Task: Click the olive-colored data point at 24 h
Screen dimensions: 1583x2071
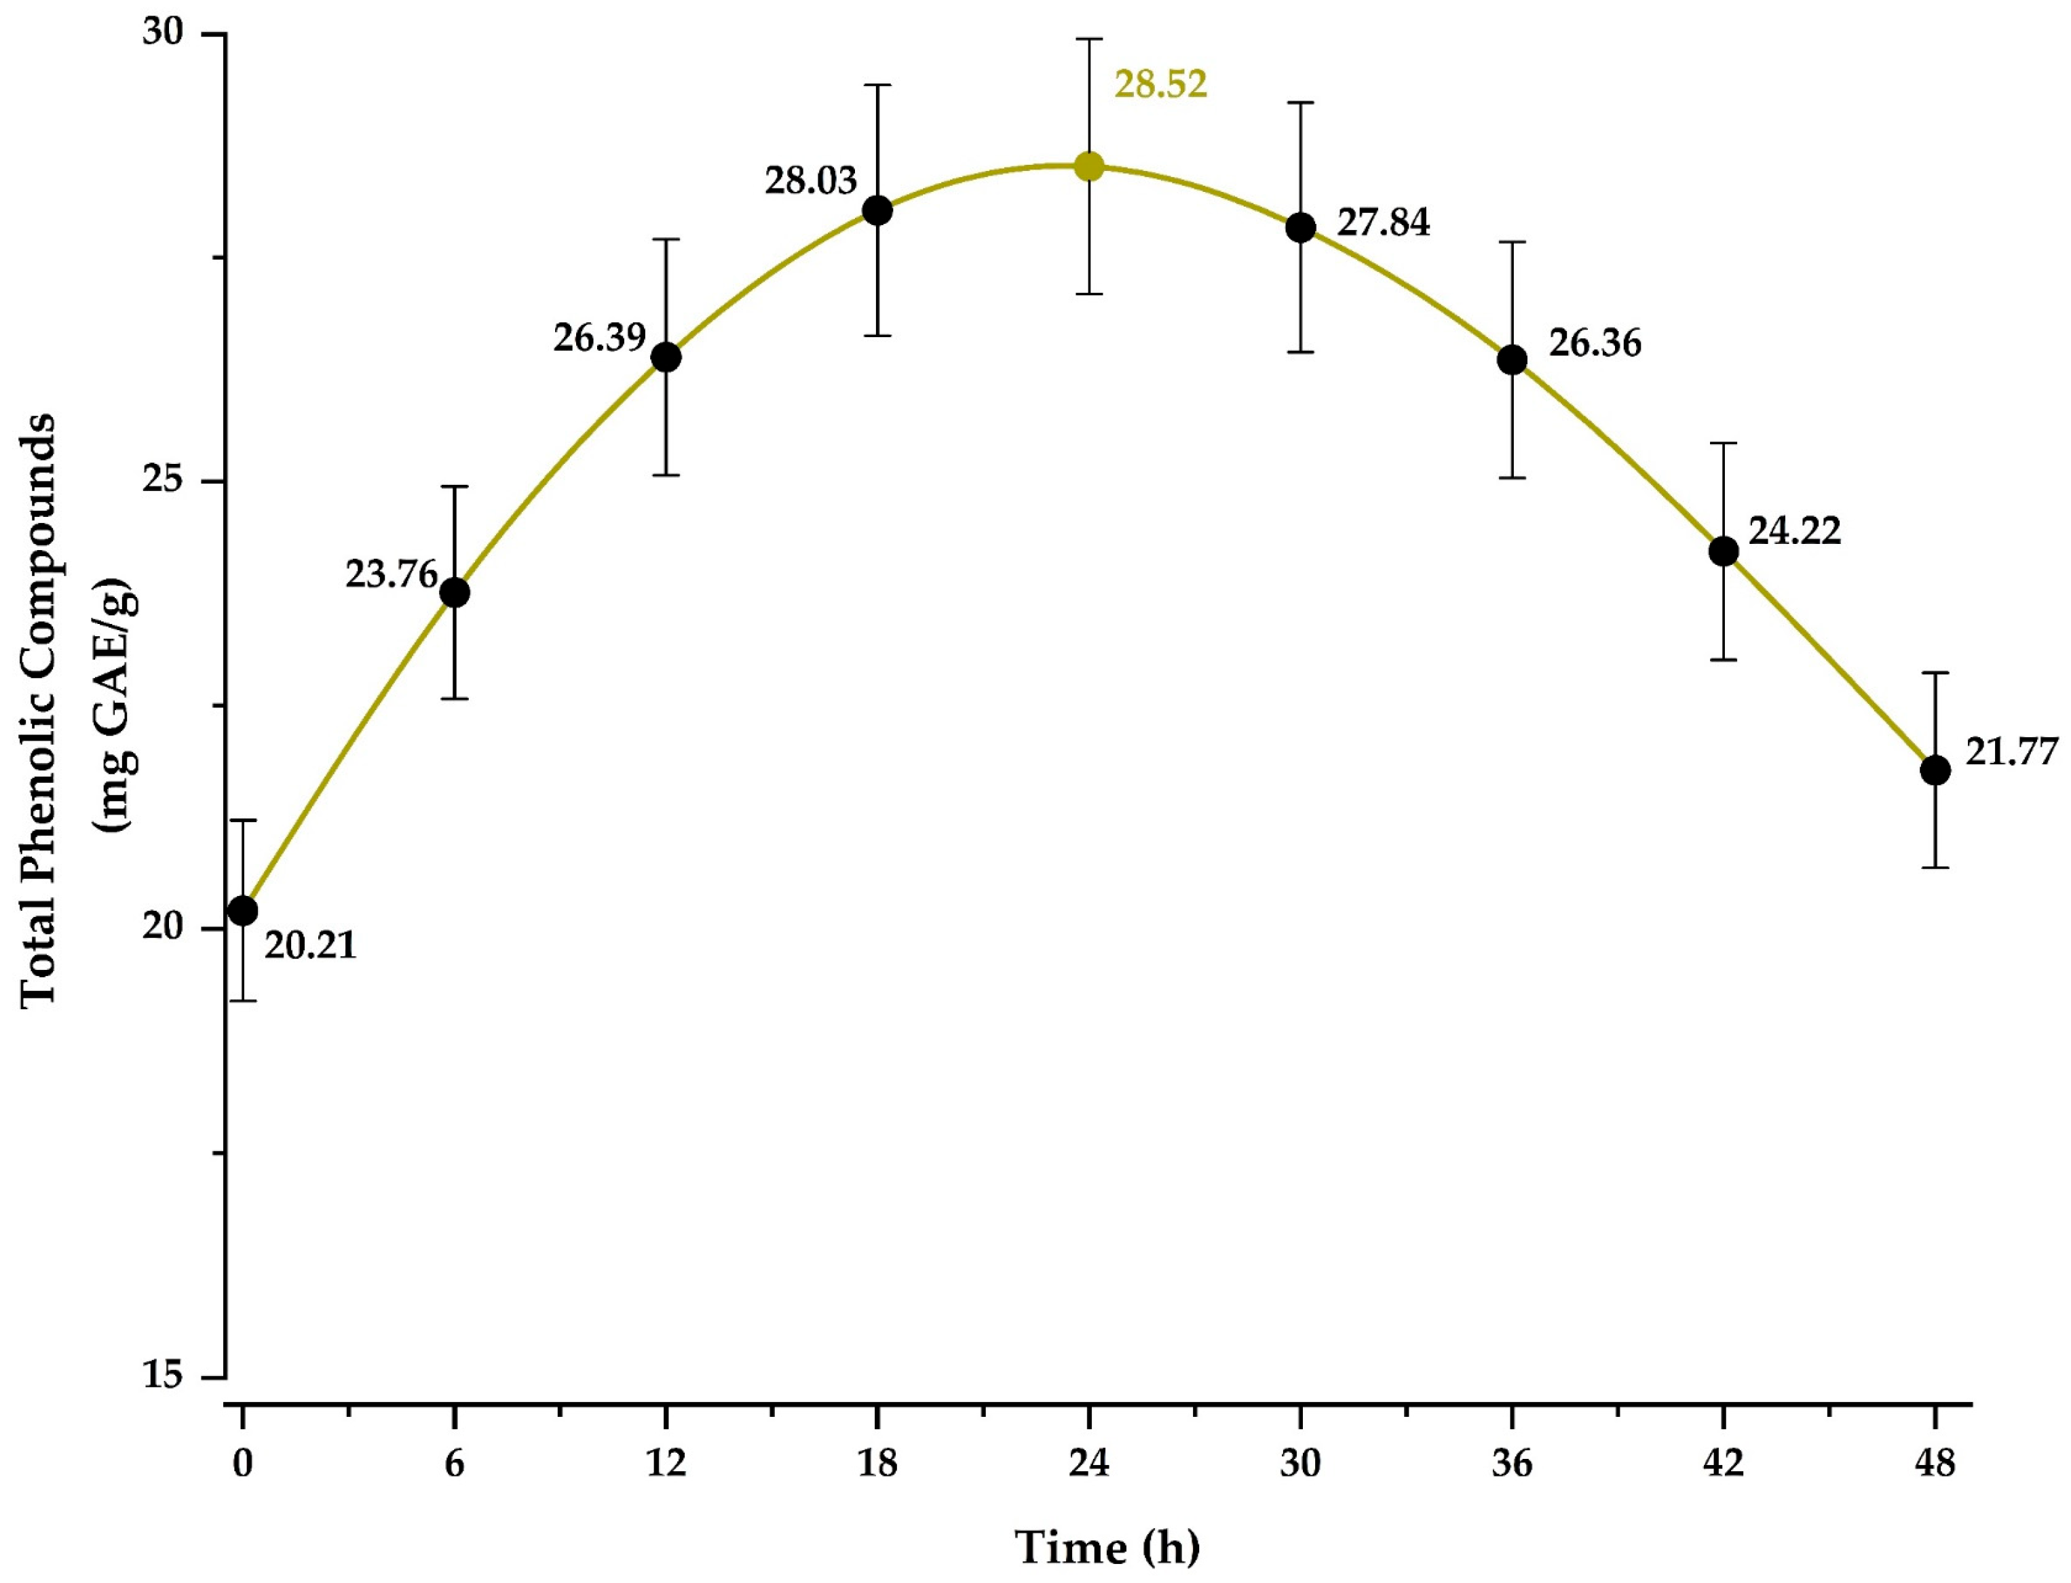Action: click(x=1088, y=167)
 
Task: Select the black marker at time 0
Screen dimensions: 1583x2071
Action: click(x=243, y=911)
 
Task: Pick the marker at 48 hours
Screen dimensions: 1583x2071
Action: click(x=1935, y=770)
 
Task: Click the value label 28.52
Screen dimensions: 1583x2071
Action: click(x=1160, y=85)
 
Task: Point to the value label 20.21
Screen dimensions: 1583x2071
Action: click(x=310, y=945)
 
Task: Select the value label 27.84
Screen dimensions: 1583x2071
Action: click(x=1383, y=222)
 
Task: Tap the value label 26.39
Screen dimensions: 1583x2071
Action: click(x=600, y=337)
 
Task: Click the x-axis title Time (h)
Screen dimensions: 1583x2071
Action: click(x=1107, y=1547)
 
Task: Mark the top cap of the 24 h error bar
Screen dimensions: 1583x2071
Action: click(x=1088, y=39)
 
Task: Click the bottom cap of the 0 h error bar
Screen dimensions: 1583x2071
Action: click(x=243, y=1000)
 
